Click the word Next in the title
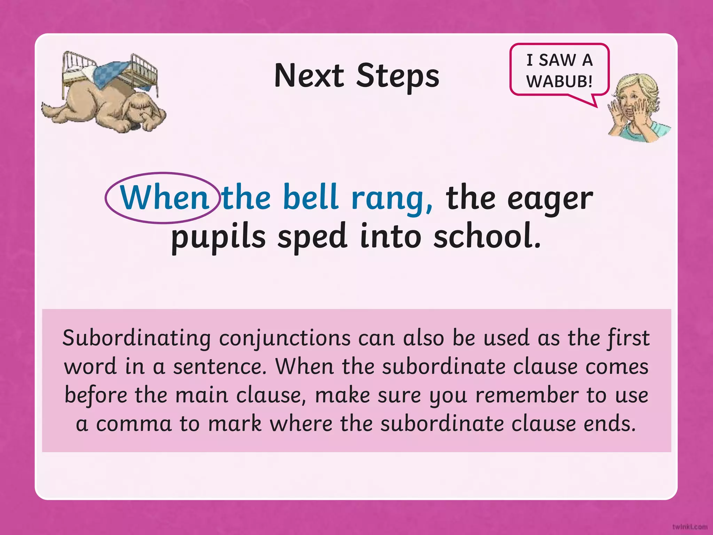pos(309,76)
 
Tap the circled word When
pos(164,198)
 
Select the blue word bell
pos(310,197)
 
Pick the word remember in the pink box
pos(526,396)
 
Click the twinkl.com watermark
pos(690,527)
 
